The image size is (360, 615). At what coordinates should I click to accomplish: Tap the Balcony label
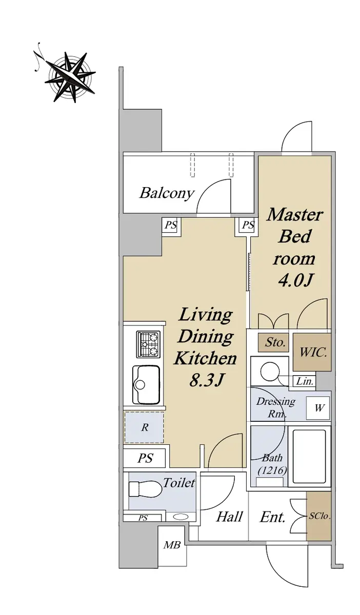pos(167,193)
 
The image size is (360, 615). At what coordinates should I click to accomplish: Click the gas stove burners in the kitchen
pos(148,344)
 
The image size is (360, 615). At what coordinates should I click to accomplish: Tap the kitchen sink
pos(146,384)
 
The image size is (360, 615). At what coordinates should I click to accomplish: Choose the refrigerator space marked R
pos(144,427)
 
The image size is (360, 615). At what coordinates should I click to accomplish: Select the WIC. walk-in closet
pos(312,352)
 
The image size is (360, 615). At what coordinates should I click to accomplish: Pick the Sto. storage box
pos(273,343)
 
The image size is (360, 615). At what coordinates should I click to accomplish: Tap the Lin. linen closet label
pos(305,381)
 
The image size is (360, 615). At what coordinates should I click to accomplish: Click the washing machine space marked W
pos(318,408)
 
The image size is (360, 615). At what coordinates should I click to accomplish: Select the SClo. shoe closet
pos(319,516)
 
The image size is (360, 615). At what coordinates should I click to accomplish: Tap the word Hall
pos(229,517)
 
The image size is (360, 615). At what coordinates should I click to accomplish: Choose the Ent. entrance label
pos(273,517)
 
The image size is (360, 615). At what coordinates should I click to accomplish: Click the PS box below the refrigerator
pos(145,458)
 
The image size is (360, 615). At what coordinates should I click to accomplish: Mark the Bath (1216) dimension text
pos(272,464)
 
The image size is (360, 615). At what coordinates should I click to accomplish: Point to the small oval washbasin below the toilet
pos(181,517)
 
